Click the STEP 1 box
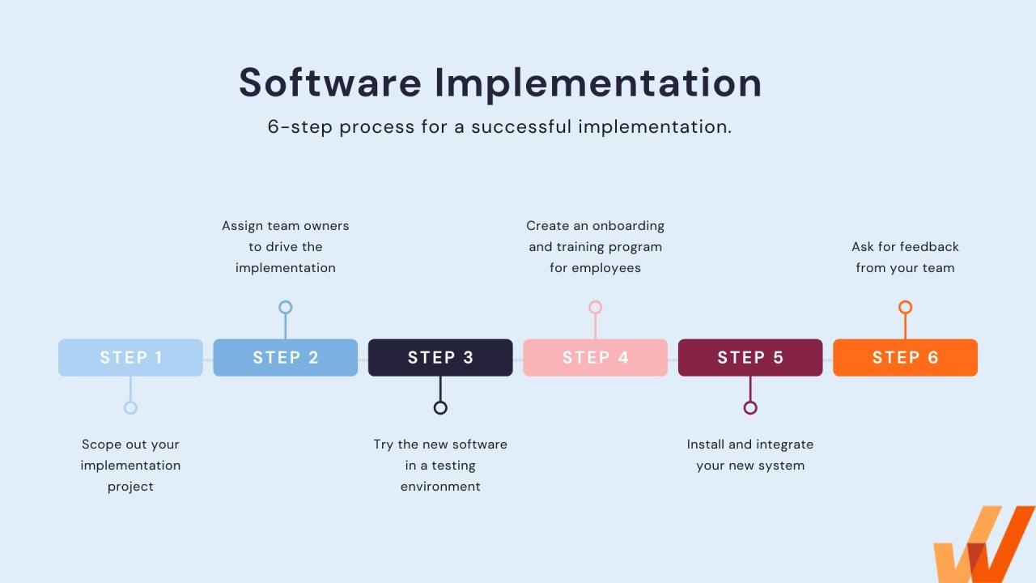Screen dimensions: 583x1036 click(x=130, y=357)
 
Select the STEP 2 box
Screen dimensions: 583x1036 click(x=285, y=357)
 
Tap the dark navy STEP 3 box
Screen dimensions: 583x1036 click(x=440, y=357)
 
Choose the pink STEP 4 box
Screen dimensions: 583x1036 click(x=595, y=357)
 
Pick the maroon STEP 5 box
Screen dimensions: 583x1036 click(x=750, y=357)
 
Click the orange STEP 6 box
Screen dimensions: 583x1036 click(x=905, y=357)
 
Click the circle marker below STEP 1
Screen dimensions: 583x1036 click(x=130, y=407)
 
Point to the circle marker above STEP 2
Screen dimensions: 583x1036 click(x=285, y=307)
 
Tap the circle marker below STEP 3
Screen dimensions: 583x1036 click(x=440, y=407)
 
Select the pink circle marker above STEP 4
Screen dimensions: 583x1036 click(x=595, y=307)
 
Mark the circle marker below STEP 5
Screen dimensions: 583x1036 click(x=750, y=407)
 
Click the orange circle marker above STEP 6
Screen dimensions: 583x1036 click(x=905, y=307)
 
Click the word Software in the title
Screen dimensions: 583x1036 click(x=330, y=83)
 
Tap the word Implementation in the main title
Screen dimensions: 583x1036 click(x=598, y=83)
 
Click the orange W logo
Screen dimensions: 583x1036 click(x=983, y=547)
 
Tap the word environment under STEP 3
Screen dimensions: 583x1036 click(x=440, y=487)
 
